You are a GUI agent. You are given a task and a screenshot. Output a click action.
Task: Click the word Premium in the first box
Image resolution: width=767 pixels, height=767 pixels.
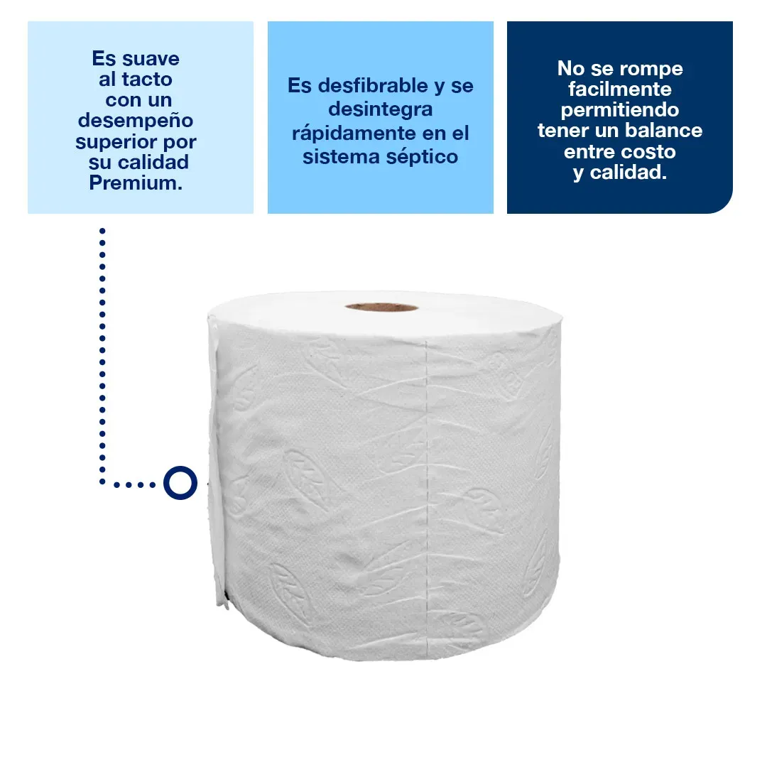(x=136, y=183)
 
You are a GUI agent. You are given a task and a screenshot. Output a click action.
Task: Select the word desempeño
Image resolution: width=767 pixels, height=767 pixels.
(x=136, y=120)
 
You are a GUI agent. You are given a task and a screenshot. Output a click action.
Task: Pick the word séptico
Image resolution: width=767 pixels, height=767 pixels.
(x=423, y=157)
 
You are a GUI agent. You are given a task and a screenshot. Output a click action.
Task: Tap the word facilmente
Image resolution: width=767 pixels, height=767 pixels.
(x=620, y=89)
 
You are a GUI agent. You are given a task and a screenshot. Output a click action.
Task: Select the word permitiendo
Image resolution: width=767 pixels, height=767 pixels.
(x=620, y=110)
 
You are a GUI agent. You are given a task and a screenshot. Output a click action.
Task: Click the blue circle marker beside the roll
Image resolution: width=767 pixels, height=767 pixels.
(x=180, y=484)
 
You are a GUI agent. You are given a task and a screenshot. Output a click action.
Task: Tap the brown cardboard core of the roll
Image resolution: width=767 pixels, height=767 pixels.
(x=381, y=308)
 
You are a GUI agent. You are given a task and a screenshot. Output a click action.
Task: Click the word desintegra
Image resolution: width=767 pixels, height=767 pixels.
(x=381, y=110)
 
